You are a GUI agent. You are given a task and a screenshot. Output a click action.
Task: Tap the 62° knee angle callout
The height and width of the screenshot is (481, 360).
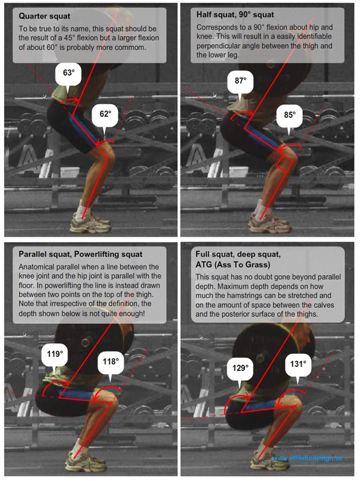pos(105,115)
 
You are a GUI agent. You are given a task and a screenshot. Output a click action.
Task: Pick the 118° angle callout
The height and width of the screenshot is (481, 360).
pos(111,362)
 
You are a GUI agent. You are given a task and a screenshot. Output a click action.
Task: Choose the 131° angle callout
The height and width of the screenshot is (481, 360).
pos(298,365)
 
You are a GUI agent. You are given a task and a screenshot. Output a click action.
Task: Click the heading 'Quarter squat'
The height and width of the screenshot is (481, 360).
pos(45,16)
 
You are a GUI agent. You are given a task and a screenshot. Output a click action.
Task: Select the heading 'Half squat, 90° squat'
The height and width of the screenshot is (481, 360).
pos(235,14)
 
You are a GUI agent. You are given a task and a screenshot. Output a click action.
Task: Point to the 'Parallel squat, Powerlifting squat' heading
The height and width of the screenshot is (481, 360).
pos(80,255)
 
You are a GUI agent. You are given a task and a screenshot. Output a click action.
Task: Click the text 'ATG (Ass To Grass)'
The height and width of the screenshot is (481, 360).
pos(233,264)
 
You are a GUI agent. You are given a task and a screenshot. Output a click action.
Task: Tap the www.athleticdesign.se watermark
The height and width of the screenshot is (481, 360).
pos(307,458)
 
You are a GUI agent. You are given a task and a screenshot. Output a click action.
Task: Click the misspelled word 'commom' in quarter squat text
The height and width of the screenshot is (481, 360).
pos(134,48)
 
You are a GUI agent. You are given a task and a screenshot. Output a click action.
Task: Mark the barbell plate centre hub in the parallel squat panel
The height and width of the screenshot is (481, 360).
pos(87,341)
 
